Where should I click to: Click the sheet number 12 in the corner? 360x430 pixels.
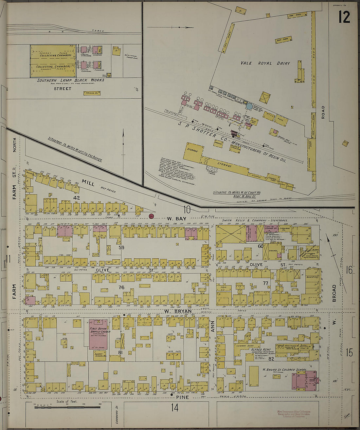(x=344, y=17)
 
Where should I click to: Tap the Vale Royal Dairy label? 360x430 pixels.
(x=265, y=63)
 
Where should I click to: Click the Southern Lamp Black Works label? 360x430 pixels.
(x=70, y=80)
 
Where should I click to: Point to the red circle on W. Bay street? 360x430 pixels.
(x=151, y=216)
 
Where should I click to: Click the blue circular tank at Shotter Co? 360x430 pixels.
(x=249, y=106)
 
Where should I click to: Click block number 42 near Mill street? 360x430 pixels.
(x=77, y=198)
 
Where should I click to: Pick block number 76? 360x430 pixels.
(x=121, y=288)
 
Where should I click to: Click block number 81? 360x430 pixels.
(x=120, y=353)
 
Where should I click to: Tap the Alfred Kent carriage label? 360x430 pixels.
(x=261, y=350)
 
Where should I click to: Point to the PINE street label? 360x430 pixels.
(x=182, y=397)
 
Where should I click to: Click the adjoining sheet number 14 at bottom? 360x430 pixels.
(x=175, y=408)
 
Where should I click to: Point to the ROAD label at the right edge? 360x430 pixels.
(x=323, y=112)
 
